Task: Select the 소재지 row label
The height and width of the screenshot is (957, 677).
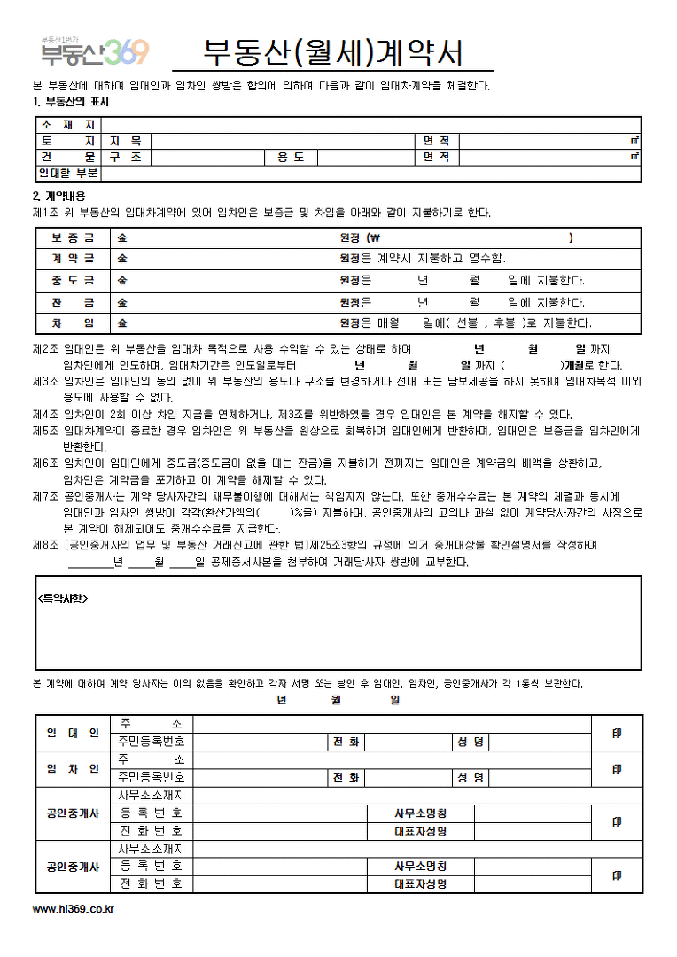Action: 67,125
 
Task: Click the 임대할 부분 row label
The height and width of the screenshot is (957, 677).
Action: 67,173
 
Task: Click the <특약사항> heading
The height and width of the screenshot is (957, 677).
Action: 63,598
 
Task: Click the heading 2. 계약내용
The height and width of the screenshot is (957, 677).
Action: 58,196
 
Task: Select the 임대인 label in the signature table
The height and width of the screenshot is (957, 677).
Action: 73,733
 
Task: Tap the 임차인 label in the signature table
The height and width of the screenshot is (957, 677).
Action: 73,768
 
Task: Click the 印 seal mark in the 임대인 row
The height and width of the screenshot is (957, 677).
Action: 617,734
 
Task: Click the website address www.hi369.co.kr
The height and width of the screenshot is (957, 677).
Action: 73,908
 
